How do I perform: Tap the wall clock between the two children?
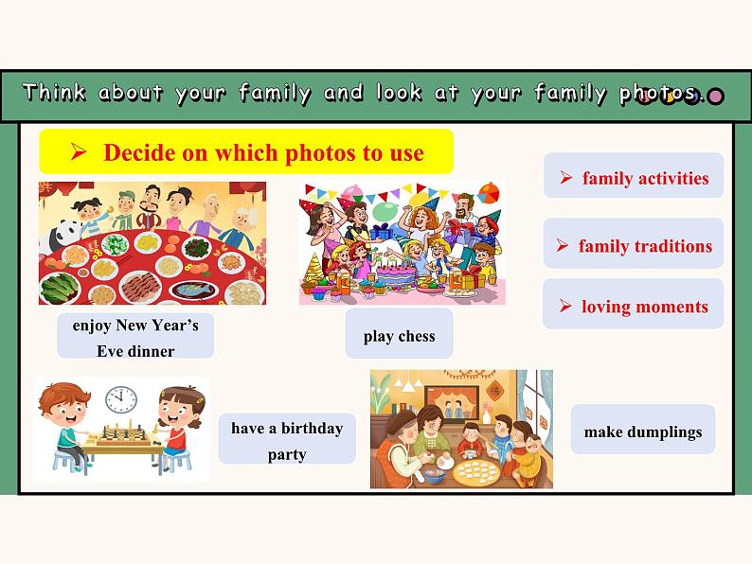click(x=120, y=399)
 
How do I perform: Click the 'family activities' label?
click(x=634, y=178)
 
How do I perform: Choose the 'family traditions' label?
click(x=634, y=246)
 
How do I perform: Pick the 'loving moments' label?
click(x=634, y=307)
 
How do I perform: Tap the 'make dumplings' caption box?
click(x=643, y=432)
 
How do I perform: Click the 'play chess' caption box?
click(x=399, y=336)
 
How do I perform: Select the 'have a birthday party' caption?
click(x=287, y=440)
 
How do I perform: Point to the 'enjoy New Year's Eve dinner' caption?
click(x=135, y=338)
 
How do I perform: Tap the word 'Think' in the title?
click(x=53, y=93)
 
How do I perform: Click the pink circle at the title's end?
click(x=716, y=96)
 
